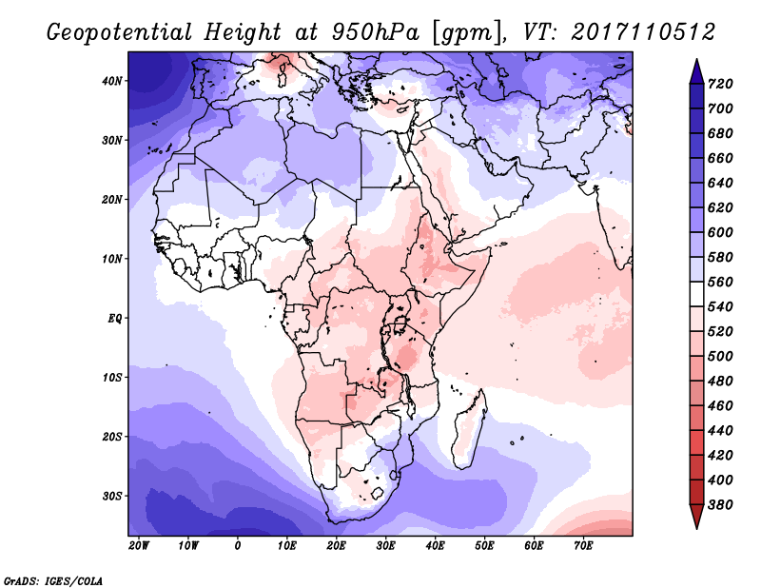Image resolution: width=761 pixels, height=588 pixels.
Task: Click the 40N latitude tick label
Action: [x=112, y=81]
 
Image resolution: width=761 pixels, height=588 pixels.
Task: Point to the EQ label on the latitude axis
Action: [x=114, y=319]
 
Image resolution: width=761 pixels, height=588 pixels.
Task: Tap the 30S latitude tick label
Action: [x=112, y=497]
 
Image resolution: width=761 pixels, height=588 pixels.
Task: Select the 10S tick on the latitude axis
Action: [x=112, y=378]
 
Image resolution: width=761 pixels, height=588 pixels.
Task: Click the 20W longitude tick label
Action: [x=139, y=546]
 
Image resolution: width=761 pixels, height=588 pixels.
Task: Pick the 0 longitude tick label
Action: [x=237, y=546]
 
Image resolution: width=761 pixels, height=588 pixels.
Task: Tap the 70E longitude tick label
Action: [x=583, y=546]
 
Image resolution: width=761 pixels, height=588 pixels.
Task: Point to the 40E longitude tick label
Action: [x=435, y=546]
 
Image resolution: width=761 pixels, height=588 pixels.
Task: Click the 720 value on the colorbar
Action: [x=720, y=84]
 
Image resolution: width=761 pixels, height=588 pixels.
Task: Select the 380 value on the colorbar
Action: [x=720, y=505]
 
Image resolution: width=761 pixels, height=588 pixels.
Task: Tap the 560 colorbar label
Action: [x=720, y=282]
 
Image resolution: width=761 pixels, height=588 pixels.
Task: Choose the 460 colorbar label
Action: [x=720, y=406]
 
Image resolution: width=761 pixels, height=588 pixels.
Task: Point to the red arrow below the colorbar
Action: [x=696, y=517]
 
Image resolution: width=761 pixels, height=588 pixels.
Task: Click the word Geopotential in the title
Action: [x=120, y=33]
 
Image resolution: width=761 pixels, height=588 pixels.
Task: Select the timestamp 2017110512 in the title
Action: [x=643, y=32]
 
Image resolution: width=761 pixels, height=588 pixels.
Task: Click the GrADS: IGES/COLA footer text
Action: [x=53, y=581]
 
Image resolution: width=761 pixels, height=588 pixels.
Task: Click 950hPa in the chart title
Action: [x=375, y=32]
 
